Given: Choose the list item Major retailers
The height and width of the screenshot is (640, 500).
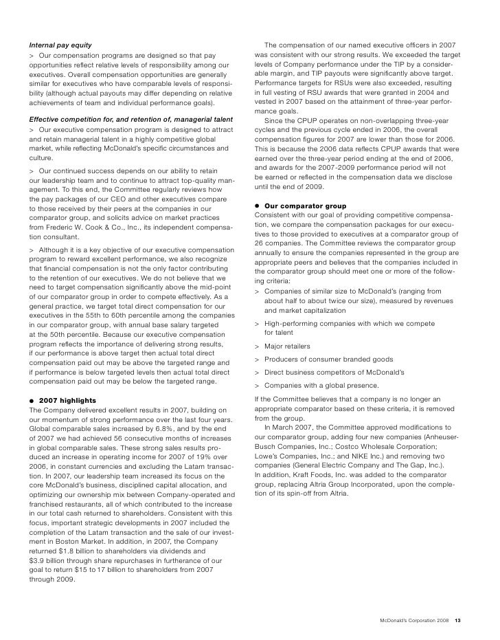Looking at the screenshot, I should (x=287, y=346).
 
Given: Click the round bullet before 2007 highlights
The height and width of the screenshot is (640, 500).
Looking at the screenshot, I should (x=30, y=400).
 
